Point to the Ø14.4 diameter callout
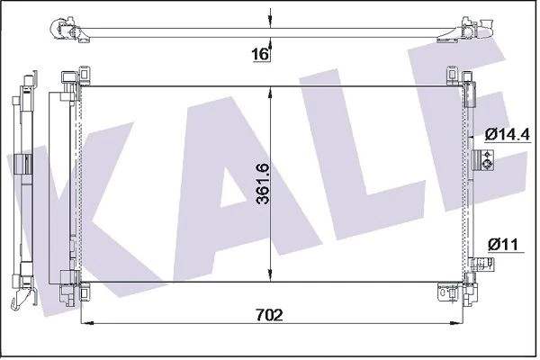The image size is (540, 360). point(505,134)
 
